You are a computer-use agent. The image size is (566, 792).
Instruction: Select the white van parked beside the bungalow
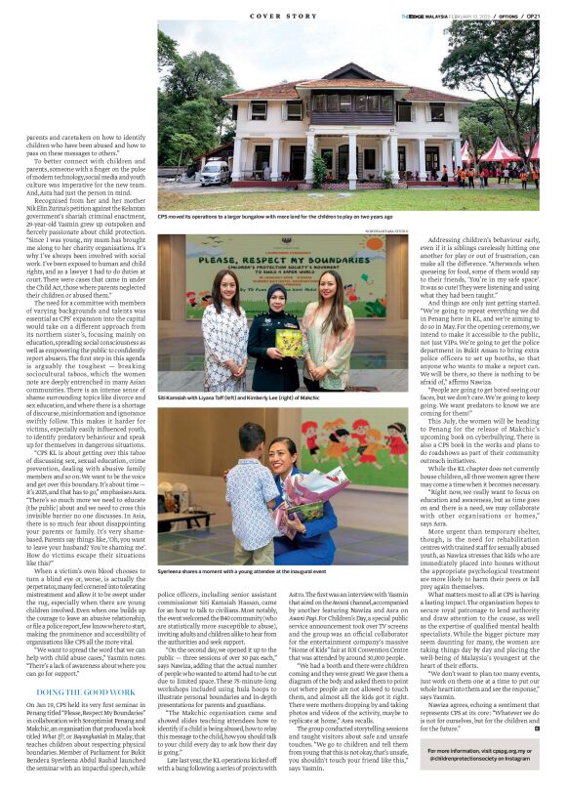pos(214,173)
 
